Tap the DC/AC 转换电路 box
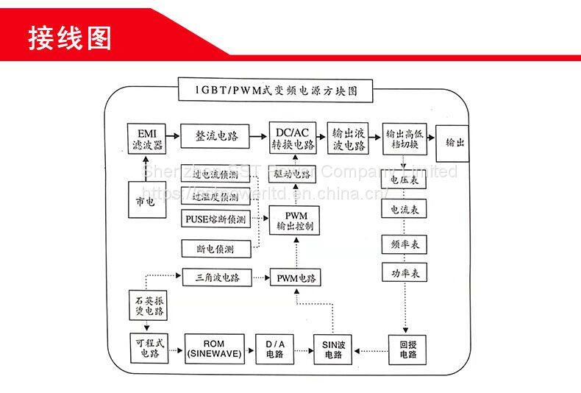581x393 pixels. pos(293,138)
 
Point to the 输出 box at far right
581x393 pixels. pos(455,142)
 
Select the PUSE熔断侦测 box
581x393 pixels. pos(215,219)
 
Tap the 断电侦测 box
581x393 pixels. pos(215,249)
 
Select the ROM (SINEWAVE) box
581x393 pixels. pos(214,349)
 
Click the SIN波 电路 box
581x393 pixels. pos(333,349)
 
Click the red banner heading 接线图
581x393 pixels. pos(70,37)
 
